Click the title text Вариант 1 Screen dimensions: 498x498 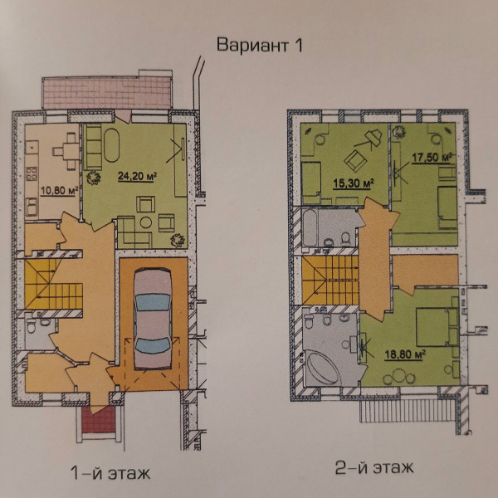point(260,46)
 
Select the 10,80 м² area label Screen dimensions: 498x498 point(59,191)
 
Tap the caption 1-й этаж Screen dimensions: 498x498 point(110,474)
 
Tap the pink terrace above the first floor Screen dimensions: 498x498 point(105,90)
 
